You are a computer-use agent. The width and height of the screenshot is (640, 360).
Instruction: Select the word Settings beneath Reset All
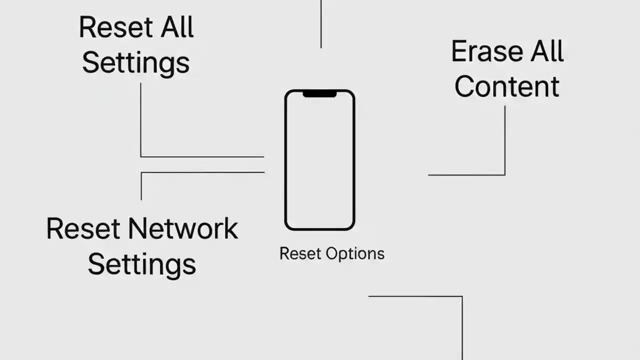(x=135, y=63)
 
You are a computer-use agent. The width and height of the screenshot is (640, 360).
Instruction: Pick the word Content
(x=506, y=86)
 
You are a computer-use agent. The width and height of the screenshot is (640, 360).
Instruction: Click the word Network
(x=183, y=229)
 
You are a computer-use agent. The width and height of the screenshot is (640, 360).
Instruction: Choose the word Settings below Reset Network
(x=141, y=264)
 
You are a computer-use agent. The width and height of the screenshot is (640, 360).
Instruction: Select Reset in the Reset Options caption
(x=299, y=253)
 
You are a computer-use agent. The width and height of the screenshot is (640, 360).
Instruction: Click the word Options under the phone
(x=355, y=253)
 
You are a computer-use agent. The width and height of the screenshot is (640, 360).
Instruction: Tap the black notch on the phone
(x=319, y=93)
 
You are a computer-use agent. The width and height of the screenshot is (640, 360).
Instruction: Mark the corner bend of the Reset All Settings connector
(x=141, y=156)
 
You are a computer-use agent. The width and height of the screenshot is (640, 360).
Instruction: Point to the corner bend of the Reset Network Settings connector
(x=141, y=173)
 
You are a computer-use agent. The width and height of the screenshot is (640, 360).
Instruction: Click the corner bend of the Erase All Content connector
(x=504, y=175)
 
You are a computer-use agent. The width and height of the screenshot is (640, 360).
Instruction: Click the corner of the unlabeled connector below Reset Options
(x=461, y=296)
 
